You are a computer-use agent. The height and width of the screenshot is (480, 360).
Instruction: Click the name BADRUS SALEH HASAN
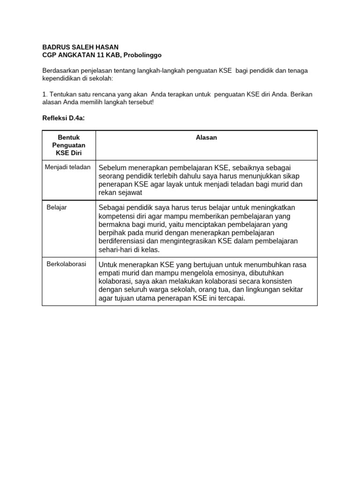pyautogui.click(x=80, y=47)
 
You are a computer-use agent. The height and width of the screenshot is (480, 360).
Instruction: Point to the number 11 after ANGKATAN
pyautogui.click(x=100, y=55)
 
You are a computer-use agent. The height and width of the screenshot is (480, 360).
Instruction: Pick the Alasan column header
pyautogui.click(x=206, y=138)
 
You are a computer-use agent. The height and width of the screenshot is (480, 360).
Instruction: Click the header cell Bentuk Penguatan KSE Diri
pyautogui.click(x=69, y=145)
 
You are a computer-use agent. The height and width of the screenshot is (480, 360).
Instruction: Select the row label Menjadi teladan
pyautogui.click(x=67, y=167)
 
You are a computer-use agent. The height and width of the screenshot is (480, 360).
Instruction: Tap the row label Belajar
pyautogui.click(x=57, y=207)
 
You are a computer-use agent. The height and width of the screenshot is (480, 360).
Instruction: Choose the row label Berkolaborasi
pyautogui.click(x=66, y=264)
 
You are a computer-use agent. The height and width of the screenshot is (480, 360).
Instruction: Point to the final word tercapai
pyautogui.click(x=230, y=298)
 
